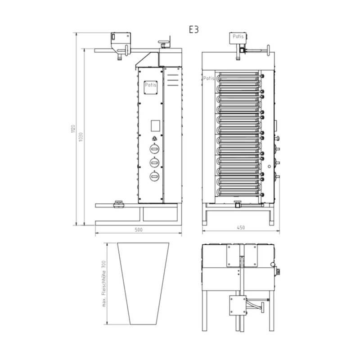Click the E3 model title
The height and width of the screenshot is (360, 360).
[x=193, y=29]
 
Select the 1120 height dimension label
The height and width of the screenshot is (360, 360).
[x=73, y=129]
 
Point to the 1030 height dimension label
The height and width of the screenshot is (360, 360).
[x=81, y=137]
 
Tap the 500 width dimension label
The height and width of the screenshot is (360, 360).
[x=139, y=229]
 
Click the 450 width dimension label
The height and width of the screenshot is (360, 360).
[x=241, y=228]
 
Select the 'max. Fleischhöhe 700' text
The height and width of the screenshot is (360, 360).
[x=104, y=284]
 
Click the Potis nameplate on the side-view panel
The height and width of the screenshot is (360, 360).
[x=151, y=87]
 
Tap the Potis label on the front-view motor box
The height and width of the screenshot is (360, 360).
[x=238, y=36]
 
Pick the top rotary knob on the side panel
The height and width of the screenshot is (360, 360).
[x=154, y=149]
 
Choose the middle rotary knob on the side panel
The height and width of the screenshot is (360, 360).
[x=154, y=162]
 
